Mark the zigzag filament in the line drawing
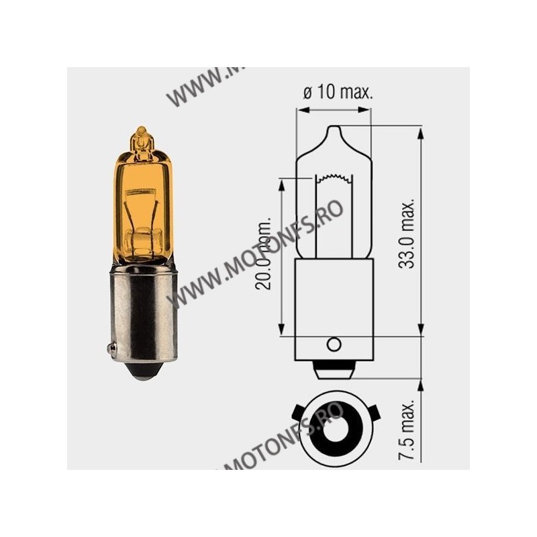coord(334,179)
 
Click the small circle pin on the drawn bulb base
coord(333,344)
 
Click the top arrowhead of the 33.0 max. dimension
coord(420,132)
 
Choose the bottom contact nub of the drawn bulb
coord(334,370)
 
